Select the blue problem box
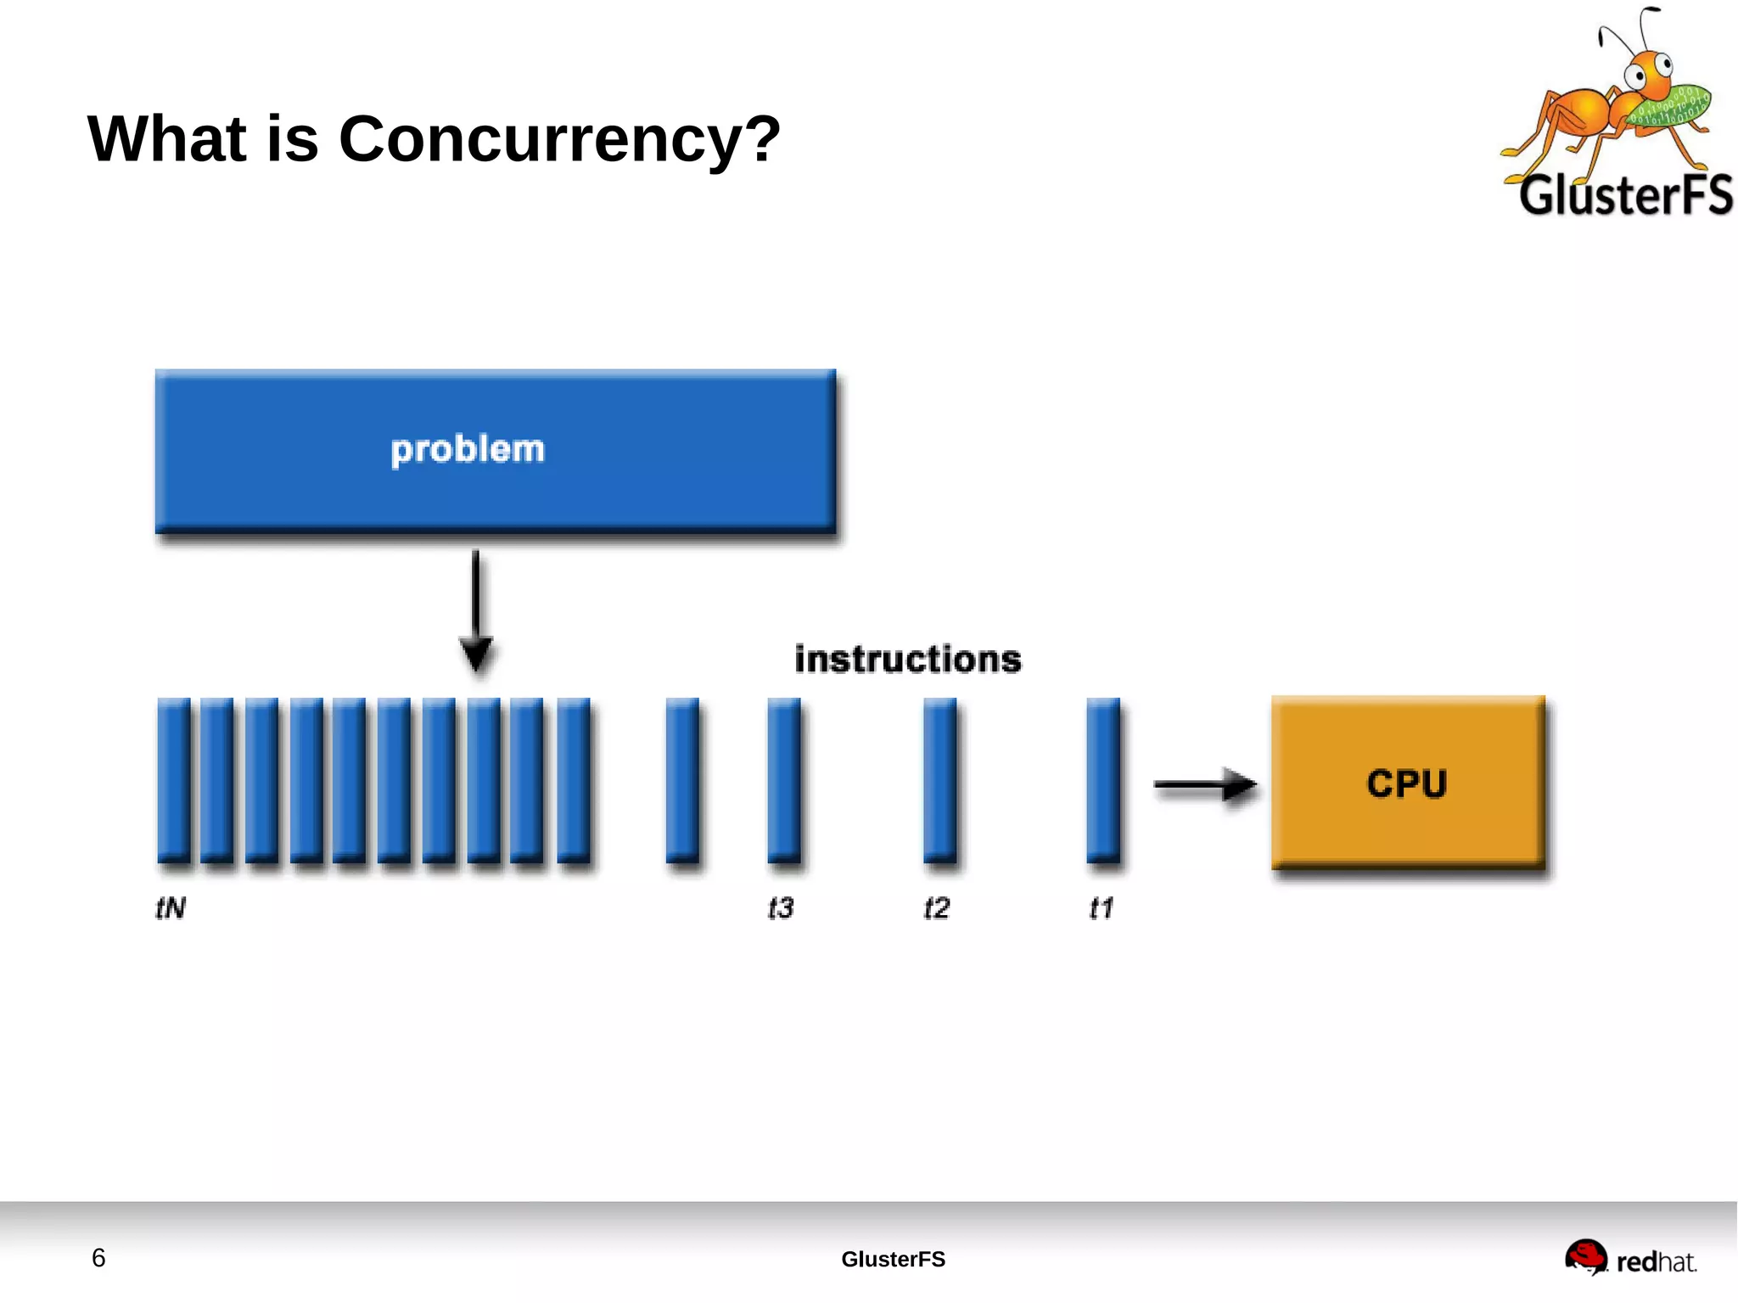[x=495, y=451]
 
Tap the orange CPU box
[x=1407, y=783]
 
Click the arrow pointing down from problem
[x=476, y=611]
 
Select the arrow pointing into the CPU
[x=1205, y=785]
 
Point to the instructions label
[x=907, y=660]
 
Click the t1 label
[x=1101, y=908]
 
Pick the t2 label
[x=936, y=908]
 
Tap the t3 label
[x=780, y=908]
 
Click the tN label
[x=171, y=908]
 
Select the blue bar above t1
[x=1102, y=779]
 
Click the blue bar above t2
[x=939, y=779]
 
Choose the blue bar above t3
[x=783, y=779]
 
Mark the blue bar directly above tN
[x=174, y=779]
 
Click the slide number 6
[x=98, y=1258]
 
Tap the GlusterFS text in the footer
[x=893, y=1259]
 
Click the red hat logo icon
[x=1585, y=1256]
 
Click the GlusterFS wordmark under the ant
[x=1624, y=195]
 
